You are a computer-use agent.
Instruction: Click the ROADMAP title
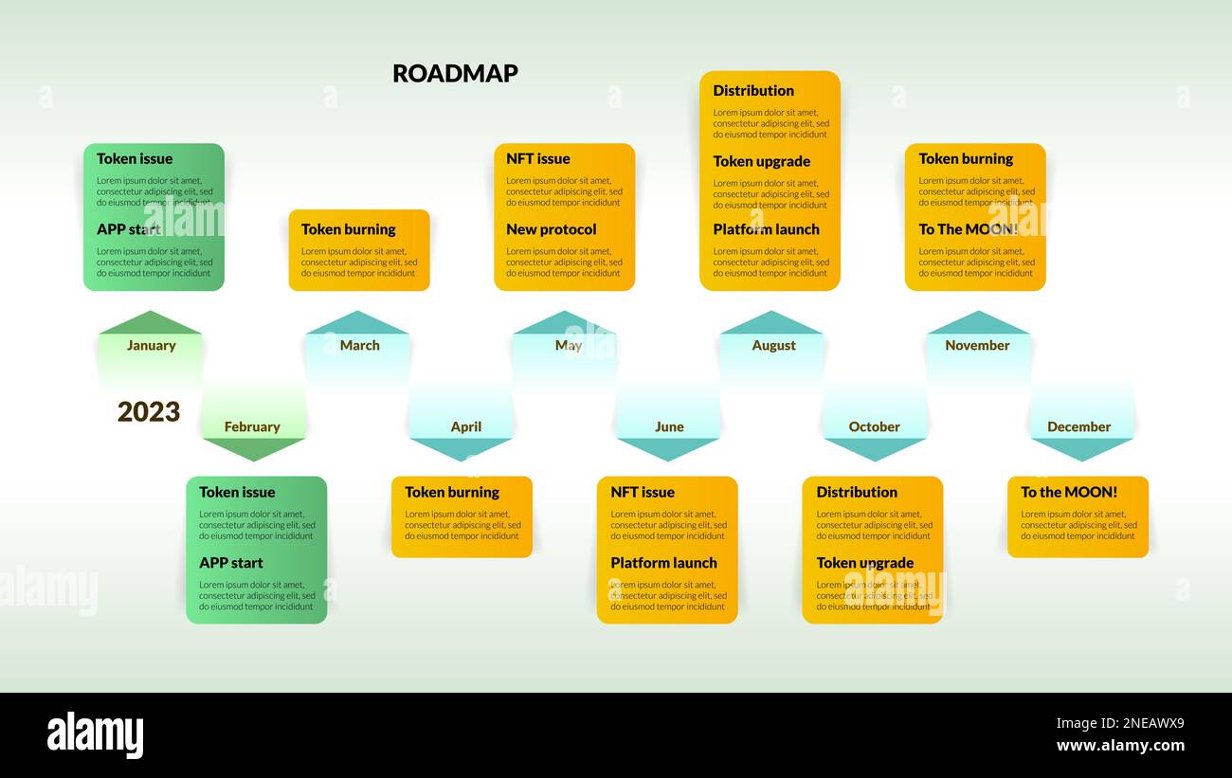coord(455,74)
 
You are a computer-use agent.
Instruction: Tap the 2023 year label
coord(149,412)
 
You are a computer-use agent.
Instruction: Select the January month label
coord(152,346)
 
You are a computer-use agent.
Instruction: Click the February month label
coord(252,427)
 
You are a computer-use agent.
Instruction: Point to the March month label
coord(359,346)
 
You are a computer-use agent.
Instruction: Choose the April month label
coord(466,427)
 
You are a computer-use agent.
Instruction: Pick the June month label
coord(669,427)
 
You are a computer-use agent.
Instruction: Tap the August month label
coord(773,346)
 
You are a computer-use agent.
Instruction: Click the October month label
coord(874,427)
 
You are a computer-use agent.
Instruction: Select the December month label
coord(1078,427)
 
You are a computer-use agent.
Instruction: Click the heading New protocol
coord(552,229)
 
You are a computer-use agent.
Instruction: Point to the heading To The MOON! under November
coord(968,229)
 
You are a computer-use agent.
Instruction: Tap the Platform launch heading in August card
coord(766,229)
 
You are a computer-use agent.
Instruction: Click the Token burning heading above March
coord(349,229)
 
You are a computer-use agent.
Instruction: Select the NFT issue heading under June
coord(643,493)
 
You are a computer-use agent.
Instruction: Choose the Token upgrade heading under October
coord(865,563)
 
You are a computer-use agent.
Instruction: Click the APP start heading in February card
coord(231,563)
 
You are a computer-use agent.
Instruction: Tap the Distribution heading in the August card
coord(753,91)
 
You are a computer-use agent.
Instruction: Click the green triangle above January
coord(150,324)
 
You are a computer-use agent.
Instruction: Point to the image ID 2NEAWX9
coord(1120,724)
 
